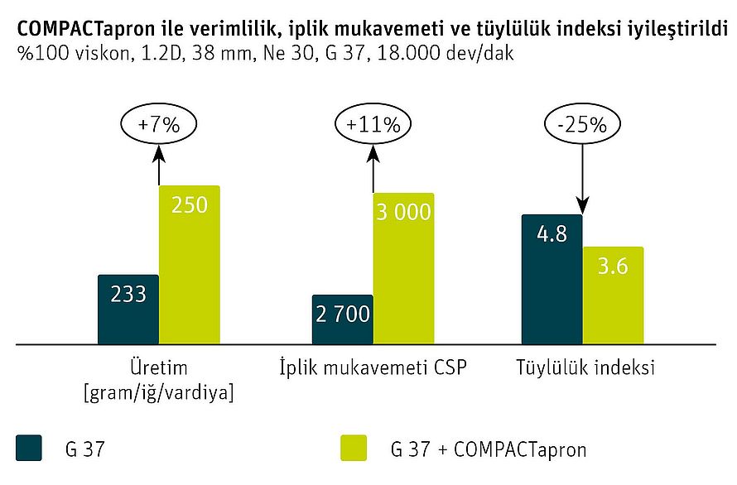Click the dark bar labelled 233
coord(128,309)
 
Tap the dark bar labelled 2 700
coord(342,319)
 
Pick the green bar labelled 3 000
coord(403,268)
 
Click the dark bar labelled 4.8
coord(552,279)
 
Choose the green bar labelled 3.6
coord(613,295)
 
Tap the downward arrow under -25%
coord(585,177)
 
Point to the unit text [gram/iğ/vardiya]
coord(158,391)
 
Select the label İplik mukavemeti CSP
coord(372,367)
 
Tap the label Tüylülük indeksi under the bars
coord(585,367)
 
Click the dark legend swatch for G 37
coord(29,449)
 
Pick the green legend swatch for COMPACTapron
coord(354,449)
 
